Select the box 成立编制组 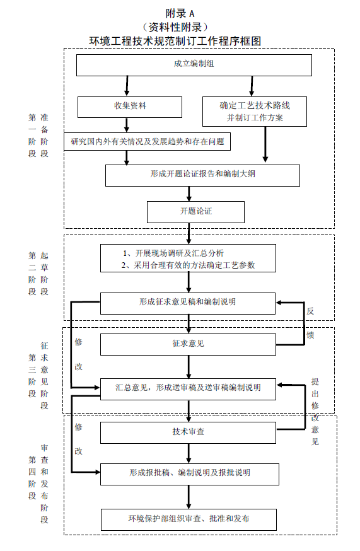coord(194,65)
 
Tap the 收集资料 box coord(130,107)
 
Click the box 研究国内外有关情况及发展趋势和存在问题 coord(148,142)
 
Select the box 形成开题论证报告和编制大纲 coord(202,175)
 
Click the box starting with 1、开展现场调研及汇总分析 coord(189,258)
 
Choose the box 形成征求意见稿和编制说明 coord(188,303)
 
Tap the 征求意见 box coord(188,344)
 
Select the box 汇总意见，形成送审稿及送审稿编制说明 coord(188,388)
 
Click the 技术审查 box coord(188,432)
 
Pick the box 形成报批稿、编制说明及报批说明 coord(189,473)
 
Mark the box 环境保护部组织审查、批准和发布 coord(188,519)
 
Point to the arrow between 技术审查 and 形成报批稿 coord(189,453)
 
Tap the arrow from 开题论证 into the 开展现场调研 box coord(189,233)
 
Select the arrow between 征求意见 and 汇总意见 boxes coord(189,366)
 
